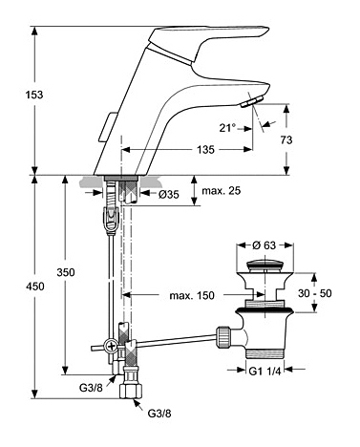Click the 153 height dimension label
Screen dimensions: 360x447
click(x=34, y=95)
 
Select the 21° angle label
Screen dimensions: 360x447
click(x=227, y=128)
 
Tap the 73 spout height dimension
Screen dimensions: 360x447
click(x=286, y=139)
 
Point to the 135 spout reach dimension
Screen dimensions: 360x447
click(x=205, y=149)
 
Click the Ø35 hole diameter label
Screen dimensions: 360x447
click(x=168, y=194)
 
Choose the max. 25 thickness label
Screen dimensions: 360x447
click(x=222, y=191)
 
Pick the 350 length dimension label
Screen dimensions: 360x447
click(x=66, y=272)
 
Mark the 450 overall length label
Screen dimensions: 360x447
click(x=35, y=287)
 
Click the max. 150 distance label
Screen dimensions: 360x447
click(x=192, y=296)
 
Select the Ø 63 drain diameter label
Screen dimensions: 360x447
click(x=265, y=245)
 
